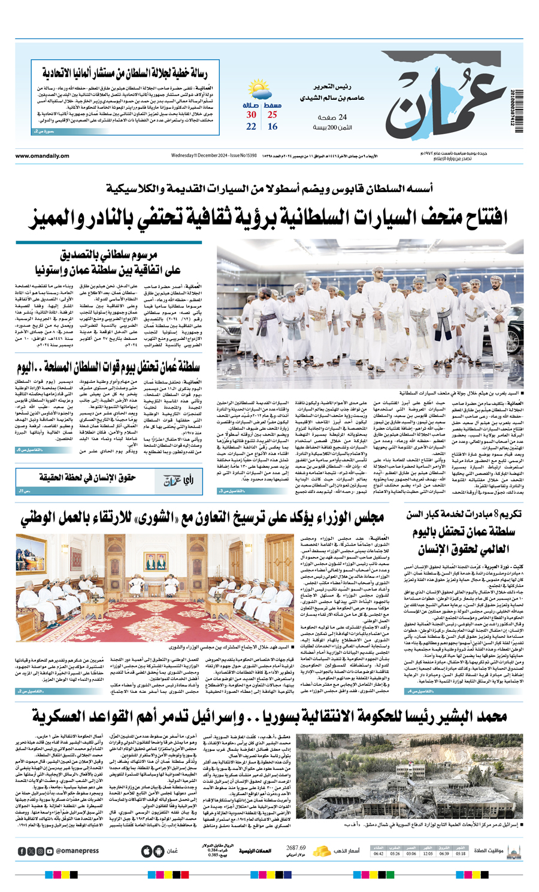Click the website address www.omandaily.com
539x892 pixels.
(x=43, y=156)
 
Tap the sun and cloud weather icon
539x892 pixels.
(x=261, y=92)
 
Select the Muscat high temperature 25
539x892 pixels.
(x=272, y=115)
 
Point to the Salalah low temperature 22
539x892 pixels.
(x=252, y=127)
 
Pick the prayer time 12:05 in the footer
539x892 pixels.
(x=428, y=854)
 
